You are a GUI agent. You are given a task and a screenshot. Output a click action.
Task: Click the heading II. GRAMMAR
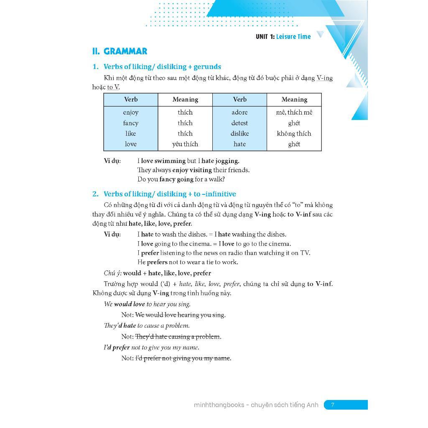point(120,51)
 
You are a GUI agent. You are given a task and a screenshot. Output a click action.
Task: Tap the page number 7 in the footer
point(333,405)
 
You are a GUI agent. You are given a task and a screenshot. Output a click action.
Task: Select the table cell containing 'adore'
point(239,112)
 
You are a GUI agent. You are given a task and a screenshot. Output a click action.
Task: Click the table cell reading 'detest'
point(239,123)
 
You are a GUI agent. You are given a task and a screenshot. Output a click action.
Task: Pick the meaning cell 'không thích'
point(294,134)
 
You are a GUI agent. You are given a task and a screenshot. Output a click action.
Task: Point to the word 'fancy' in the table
point(130,123)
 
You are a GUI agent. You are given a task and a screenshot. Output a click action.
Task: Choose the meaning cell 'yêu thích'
point(185,144)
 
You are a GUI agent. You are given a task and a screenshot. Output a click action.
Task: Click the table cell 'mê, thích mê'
point(294,112)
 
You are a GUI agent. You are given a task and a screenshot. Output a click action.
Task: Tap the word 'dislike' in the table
point(239,134)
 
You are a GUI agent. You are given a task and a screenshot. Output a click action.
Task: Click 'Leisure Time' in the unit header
point(293,37)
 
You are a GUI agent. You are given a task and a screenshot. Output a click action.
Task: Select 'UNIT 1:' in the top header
point(265,37)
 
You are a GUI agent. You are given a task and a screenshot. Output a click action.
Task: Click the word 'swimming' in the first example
point(170,161)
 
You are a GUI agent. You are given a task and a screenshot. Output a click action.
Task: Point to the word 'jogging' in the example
point(227,161)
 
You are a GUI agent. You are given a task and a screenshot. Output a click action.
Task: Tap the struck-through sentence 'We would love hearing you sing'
point(180,315)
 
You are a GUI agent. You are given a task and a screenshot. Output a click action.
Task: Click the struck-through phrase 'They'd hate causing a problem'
point(178,337)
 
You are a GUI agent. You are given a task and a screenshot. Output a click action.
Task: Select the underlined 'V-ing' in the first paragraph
point(324,78)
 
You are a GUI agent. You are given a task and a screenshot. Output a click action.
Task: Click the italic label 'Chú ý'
point(112,273)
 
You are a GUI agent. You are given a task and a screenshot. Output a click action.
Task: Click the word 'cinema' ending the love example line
point(280,244)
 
